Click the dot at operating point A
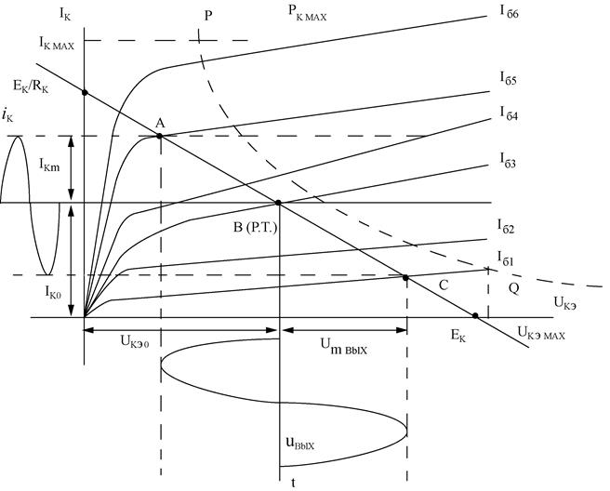tap(159, 136)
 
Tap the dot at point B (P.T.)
tap(278, 203)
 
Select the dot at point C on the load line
tap(405, 278)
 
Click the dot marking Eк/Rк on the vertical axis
tap(85, 93)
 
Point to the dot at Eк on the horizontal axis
tap(475, 315)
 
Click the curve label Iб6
tap(510, 12)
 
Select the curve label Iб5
tap(508, 78)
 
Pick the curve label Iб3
tap(508, 160)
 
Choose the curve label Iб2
tap(505, 226)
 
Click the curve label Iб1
tap(505, 259)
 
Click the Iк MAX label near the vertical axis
tap(56, 43)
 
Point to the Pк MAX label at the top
tap(308, 13)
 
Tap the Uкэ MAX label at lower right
tap(541, 333)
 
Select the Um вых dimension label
tap(343, 346)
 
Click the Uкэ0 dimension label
tap(135, 342)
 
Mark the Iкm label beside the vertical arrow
tap(49, 165)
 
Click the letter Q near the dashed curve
tap(513, 288)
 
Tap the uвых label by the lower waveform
tap(300, 443)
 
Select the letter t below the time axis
tap(293, 484)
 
